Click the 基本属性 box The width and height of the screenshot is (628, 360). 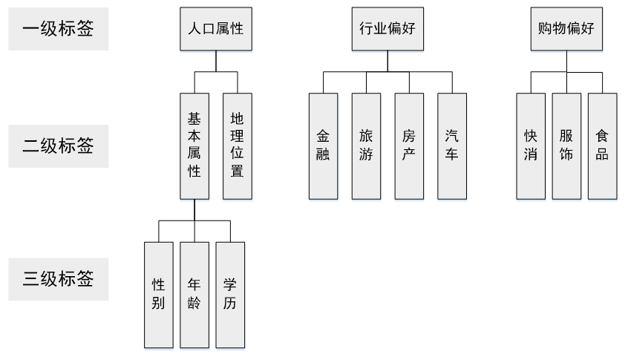(x=194, y=146)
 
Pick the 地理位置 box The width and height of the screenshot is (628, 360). (x=238, y=146)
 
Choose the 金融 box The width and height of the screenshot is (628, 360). (x=324, y=146)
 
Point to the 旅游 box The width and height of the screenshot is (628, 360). (x=367, y=146)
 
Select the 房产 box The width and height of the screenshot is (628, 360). (x=409, y=146)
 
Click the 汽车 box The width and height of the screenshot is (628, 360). (x=452, y=146)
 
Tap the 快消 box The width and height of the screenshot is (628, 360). (x=530, y=146)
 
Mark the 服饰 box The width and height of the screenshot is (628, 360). (x=566, y=146)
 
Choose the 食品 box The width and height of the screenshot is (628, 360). (x=602, y=146)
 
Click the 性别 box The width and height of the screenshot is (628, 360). (x=158, y=295)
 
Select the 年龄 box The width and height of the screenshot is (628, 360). (x=194, y=295)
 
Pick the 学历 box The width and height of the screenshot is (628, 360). (x=230, y=295)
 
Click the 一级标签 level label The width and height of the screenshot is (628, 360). (x=59, y=30)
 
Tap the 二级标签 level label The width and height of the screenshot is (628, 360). (x=59, y=145)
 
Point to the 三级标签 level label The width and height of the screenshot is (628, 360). (x=59, y=281)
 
